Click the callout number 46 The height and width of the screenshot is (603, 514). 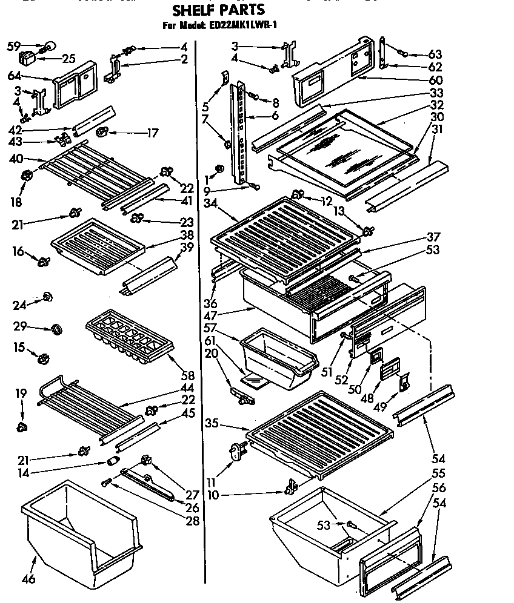(28, 579)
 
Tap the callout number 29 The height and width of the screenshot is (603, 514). (21, 326)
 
